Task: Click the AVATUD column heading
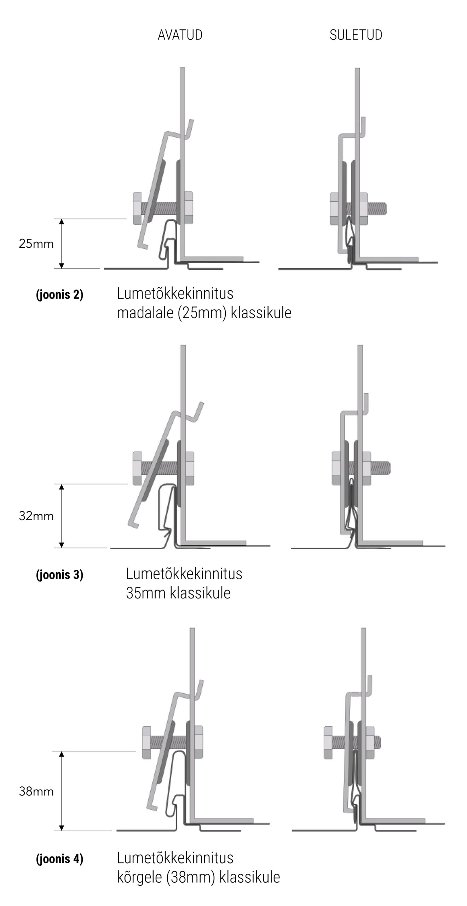pos(180,35)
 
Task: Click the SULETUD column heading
pos(356,35)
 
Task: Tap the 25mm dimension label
pos(36,244)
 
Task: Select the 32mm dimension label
pos(36,516)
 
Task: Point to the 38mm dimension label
pos(36,792)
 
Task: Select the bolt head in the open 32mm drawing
pos(137,468)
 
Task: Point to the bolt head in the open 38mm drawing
pos(146,743)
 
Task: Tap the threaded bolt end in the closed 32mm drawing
pos(381,468)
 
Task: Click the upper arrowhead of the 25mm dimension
pos(62,222)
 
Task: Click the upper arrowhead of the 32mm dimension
pos(62,487)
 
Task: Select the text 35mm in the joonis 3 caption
pos(146,593)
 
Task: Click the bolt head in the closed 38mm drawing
pos(328,743)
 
